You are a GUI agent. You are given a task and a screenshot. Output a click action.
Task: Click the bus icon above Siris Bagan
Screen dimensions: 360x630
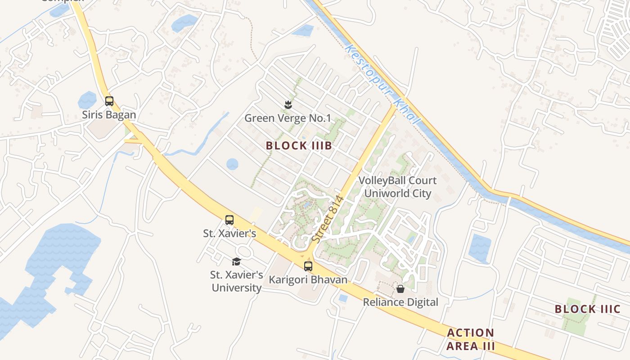coord(109,101)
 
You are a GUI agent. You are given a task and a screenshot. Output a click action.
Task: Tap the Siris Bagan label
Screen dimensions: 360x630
coord(109,115)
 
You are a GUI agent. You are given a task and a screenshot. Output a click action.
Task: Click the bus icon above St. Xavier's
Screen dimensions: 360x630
coord(229,220)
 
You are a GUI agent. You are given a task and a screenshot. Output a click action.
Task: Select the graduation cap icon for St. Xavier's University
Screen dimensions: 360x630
coord(236,261)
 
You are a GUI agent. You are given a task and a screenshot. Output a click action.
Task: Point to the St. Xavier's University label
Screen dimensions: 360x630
coord(237,281)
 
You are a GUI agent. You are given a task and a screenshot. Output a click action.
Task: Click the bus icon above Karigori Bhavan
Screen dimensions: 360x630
coord(308,266)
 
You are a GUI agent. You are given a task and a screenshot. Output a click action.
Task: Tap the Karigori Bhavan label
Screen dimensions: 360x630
coord(308,279)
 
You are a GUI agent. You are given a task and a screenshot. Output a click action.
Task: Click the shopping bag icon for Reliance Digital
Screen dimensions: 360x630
coord(400,288)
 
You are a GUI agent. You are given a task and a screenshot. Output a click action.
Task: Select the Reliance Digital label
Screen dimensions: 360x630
coord(400,302)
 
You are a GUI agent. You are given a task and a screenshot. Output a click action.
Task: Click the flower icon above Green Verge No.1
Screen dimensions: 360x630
coord(287,105)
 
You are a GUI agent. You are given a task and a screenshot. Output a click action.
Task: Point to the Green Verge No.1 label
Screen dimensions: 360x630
coord(288,118)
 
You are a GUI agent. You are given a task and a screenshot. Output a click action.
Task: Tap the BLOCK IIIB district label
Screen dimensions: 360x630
coord(299,146)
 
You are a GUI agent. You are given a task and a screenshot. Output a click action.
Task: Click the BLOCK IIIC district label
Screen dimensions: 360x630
coord(587,309)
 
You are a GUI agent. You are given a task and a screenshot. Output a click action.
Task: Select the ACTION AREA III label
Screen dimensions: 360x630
coord(471,339)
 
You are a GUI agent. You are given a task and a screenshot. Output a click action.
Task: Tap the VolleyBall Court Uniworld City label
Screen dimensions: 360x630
coord(397,187)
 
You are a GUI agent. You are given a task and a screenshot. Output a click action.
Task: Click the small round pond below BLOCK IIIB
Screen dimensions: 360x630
coord(232,164)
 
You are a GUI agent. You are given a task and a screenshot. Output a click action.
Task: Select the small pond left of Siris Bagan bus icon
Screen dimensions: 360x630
coord(87,100)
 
